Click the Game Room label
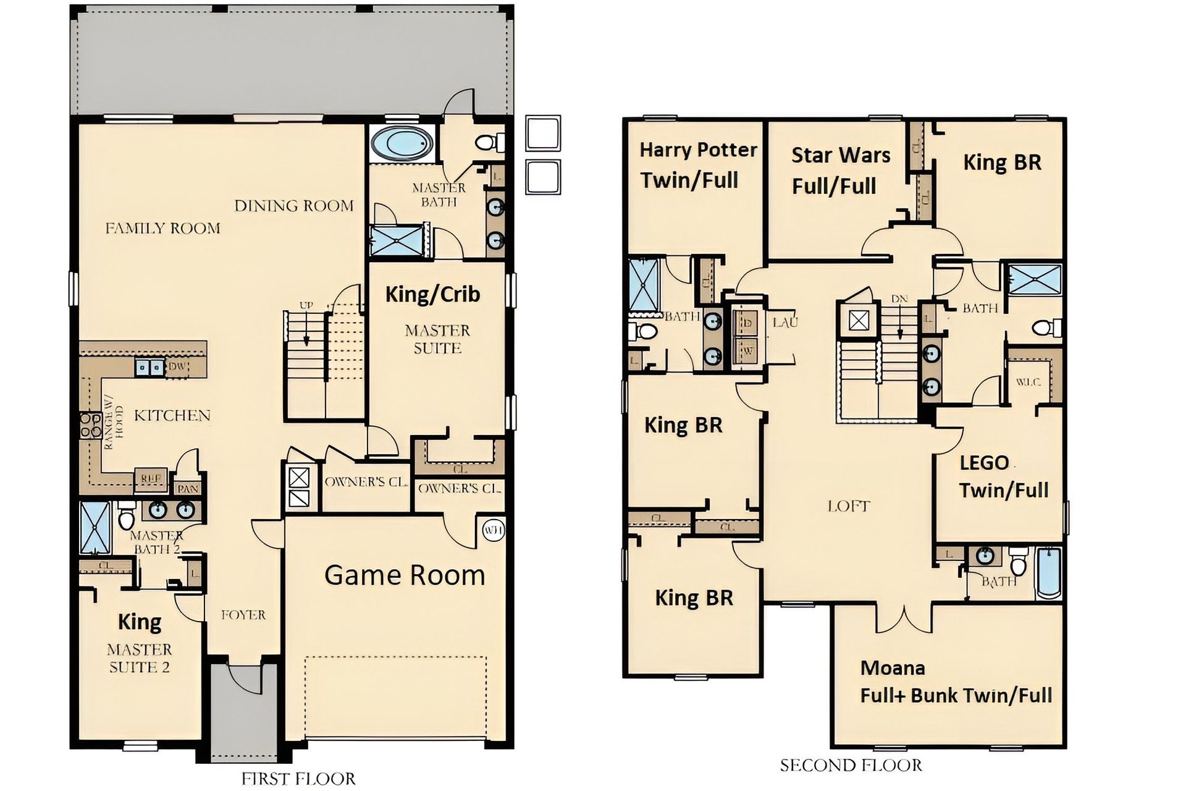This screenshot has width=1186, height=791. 405,575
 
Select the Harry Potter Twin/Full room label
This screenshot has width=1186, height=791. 697,165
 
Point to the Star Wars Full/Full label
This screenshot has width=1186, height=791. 840,170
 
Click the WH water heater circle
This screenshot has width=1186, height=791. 493,530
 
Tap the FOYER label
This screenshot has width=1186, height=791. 243,615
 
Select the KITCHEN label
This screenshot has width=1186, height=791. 172,415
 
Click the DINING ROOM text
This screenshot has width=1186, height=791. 294,206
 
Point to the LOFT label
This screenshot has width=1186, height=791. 849,507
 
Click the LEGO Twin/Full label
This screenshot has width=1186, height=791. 1003,476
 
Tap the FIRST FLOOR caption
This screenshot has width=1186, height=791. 298,779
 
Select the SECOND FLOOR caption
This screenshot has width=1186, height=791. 851,766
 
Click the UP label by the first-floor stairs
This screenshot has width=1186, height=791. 306,305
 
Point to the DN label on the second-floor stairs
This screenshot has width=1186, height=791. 899,299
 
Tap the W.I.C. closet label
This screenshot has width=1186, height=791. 1028,383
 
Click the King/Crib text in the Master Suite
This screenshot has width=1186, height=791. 432,294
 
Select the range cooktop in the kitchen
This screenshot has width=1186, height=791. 90,425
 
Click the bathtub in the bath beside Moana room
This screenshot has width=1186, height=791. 1048,573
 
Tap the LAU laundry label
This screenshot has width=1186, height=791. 784,322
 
